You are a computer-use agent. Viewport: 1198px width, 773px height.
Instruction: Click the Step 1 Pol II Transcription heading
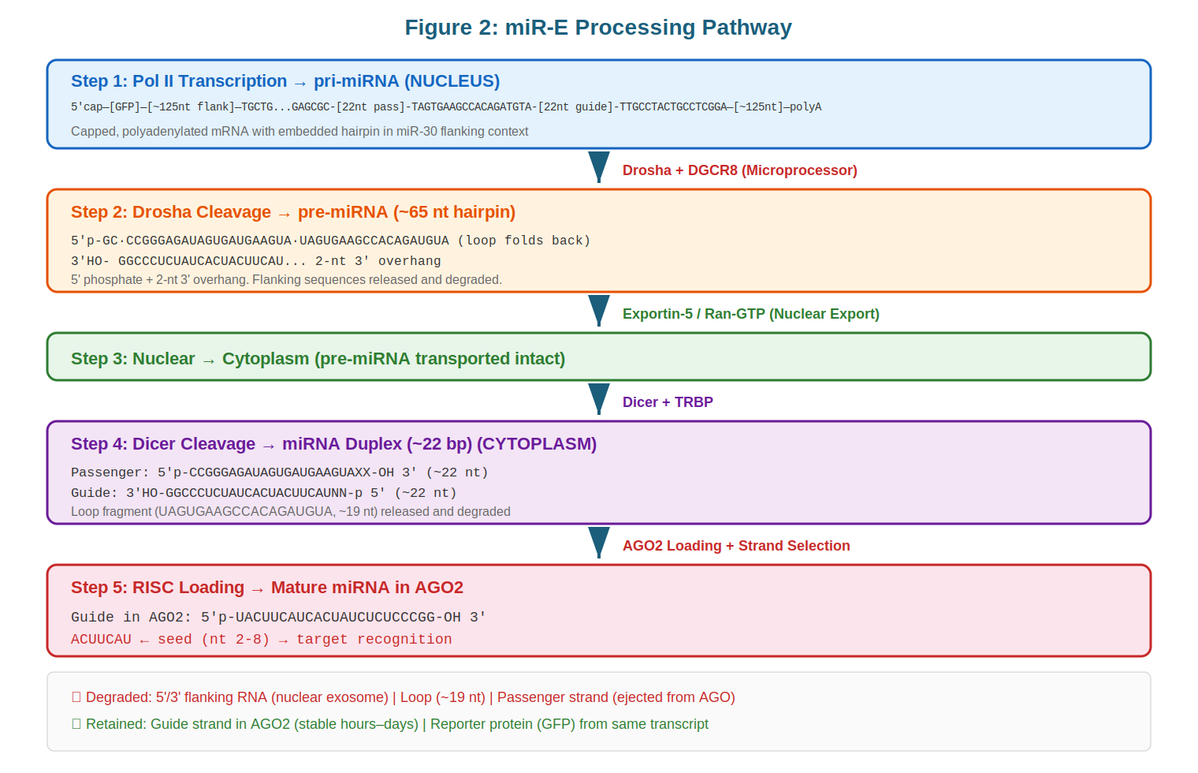[285, 81]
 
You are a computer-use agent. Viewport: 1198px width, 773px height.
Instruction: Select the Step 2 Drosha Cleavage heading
[292, 212]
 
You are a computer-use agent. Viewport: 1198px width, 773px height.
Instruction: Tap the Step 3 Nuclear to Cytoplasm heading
[318, 359]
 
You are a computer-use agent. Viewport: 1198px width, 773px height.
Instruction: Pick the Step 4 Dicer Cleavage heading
[333, 444]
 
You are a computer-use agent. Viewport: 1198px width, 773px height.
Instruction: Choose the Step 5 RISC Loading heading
[266, 588]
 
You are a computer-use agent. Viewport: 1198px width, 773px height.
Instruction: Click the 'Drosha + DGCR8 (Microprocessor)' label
[739, 170]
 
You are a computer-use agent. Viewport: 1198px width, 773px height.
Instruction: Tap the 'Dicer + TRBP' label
[668, 402]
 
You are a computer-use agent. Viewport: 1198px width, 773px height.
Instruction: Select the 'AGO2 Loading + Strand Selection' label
[735, 546]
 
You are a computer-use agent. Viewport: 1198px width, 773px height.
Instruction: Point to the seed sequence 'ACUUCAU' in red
[101, 640]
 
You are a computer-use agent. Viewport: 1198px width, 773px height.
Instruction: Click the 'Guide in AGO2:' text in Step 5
[131, 617]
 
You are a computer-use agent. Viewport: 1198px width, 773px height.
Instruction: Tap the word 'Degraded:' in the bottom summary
[118, 697]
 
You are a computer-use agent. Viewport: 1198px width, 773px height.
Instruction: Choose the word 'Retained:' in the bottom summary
[117, 724]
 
